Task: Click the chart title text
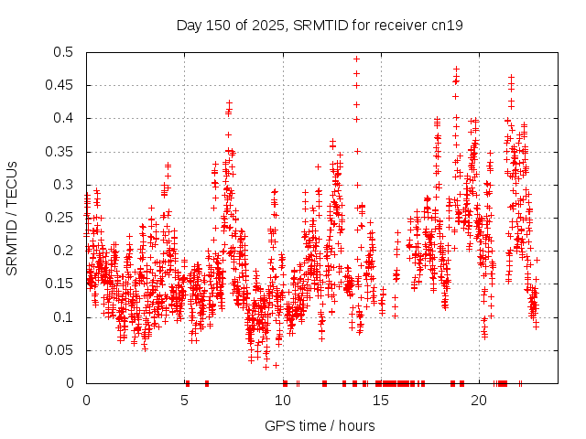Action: tap(320, 25)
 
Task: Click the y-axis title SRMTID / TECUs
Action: tap(12, 218)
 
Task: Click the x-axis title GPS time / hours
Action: tap(320, 425)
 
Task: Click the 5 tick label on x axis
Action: tap(185, 401)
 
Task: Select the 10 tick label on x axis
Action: tap(284, 401)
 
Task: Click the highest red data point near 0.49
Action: tap(356, 59)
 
